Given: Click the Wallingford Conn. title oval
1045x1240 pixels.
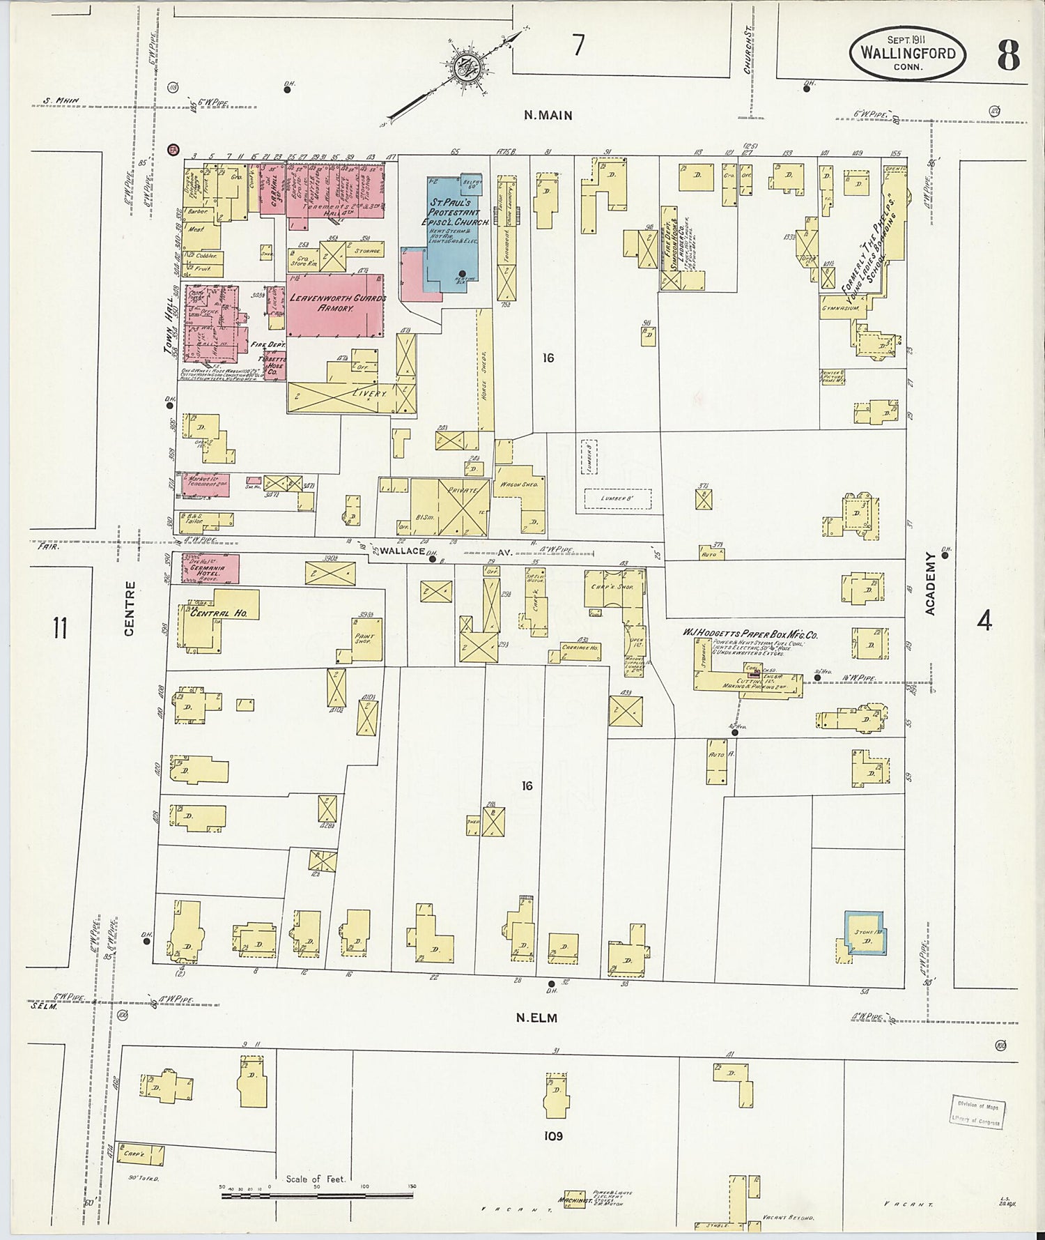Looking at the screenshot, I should (x=906, y=54).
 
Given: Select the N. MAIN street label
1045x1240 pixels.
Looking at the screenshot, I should (x=548, y=115).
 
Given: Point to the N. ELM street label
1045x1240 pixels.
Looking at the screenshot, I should (x=536, y=1018).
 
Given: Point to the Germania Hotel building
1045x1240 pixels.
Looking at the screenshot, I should (x=210, y=569).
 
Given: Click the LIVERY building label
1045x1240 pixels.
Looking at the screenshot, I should (x=369, y=393).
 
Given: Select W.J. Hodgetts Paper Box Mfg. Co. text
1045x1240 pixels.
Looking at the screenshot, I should (x=750, y=634).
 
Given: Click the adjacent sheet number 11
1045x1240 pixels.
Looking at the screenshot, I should (x=60, y=627).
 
